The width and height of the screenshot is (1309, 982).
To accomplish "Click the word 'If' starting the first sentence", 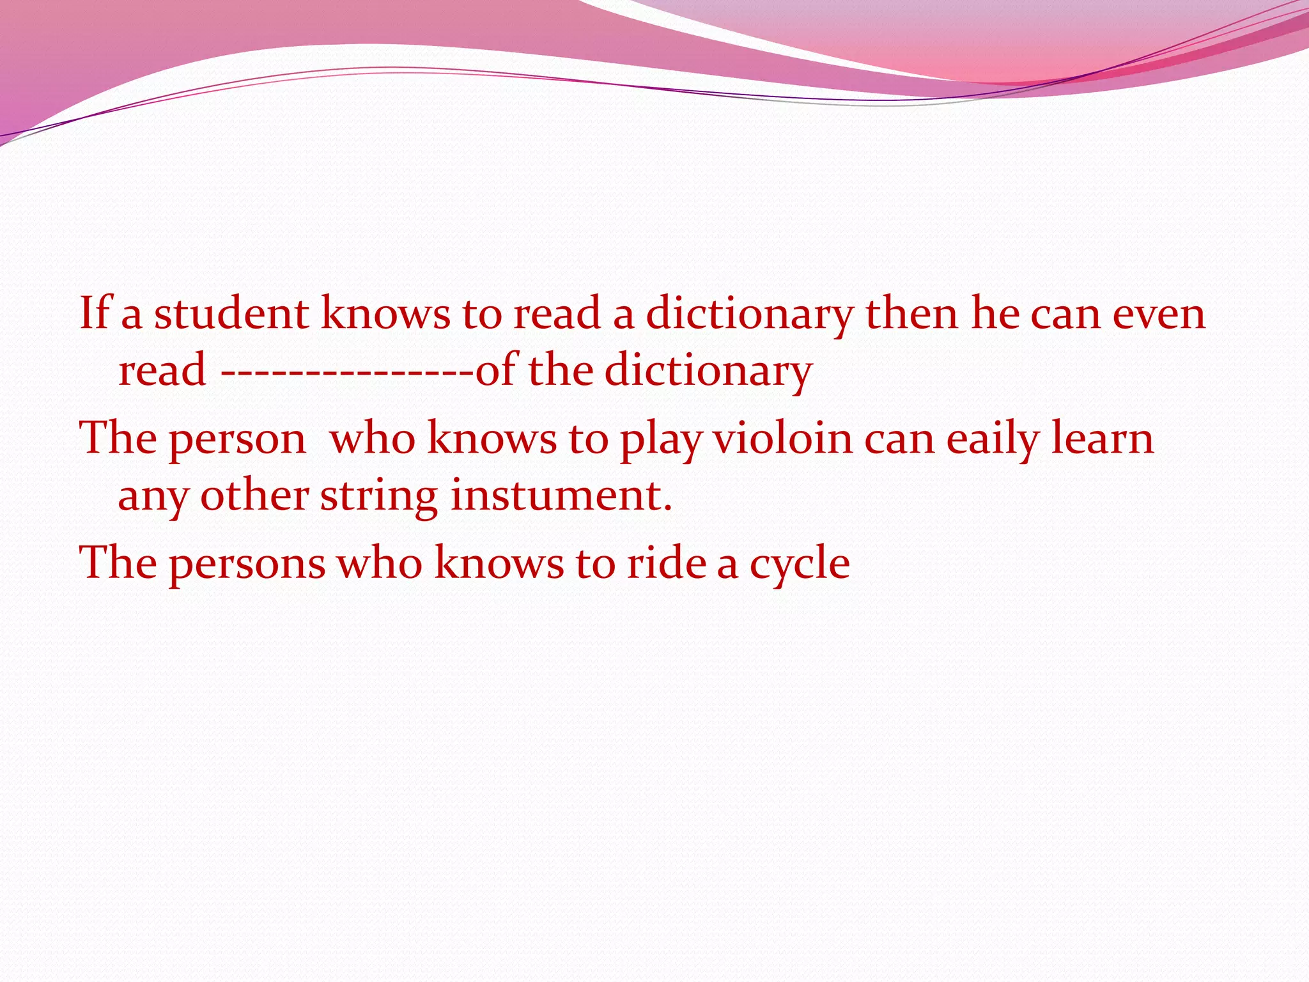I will pos(94,313).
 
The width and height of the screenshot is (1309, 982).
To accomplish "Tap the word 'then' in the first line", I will pos(911,313).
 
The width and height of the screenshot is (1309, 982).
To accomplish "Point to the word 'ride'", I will pos(665,563).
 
